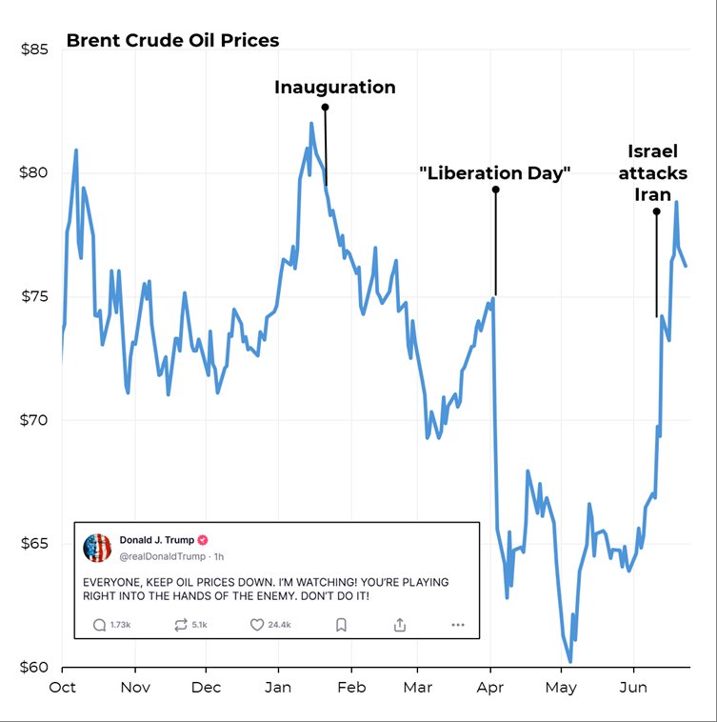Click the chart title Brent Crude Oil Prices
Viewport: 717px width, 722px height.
click(x=172, y=41)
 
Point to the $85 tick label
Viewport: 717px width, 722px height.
click(x=36, y=50)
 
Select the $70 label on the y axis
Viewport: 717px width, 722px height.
click(x=36, y=420)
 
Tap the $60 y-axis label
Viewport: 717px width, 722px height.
click(x=36, y=667)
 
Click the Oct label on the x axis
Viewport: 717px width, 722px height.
click(x=63, y=688)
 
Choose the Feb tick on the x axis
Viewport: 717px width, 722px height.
click(x=351, y=688)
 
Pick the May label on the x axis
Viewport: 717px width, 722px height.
click(x=561, y=688)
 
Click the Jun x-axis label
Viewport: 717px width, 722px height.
click(x=633, y=688)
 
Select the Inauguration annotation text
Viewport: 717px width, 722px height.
click(x=335, y=88)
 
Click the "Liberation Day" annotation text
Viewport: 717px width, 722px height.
click(x=495, y=173)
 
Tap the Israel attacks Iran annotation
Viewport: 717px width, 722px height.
click(x=656, y=172)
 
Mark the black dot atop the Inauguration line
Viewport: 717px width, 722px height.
click(x=325, y=108)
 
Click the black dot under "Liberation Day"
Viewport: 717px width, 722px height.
click(x=495, y=190)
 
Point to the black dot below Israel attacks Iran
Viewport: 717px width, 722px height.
click(x=656, y=211)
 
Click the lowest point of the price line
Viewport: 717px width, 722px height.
click(x=570, y=661)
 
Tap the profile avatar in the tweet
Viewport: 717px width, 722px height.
click(x=97, y=547)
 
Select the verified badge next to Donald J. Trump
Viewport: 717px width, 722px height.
click(x=203, y=539)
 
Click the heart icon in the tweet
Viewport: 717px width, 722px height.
click(x=256, y=625)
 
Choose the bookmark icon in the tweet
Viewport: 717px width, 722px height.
click(x=341, y=625)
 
